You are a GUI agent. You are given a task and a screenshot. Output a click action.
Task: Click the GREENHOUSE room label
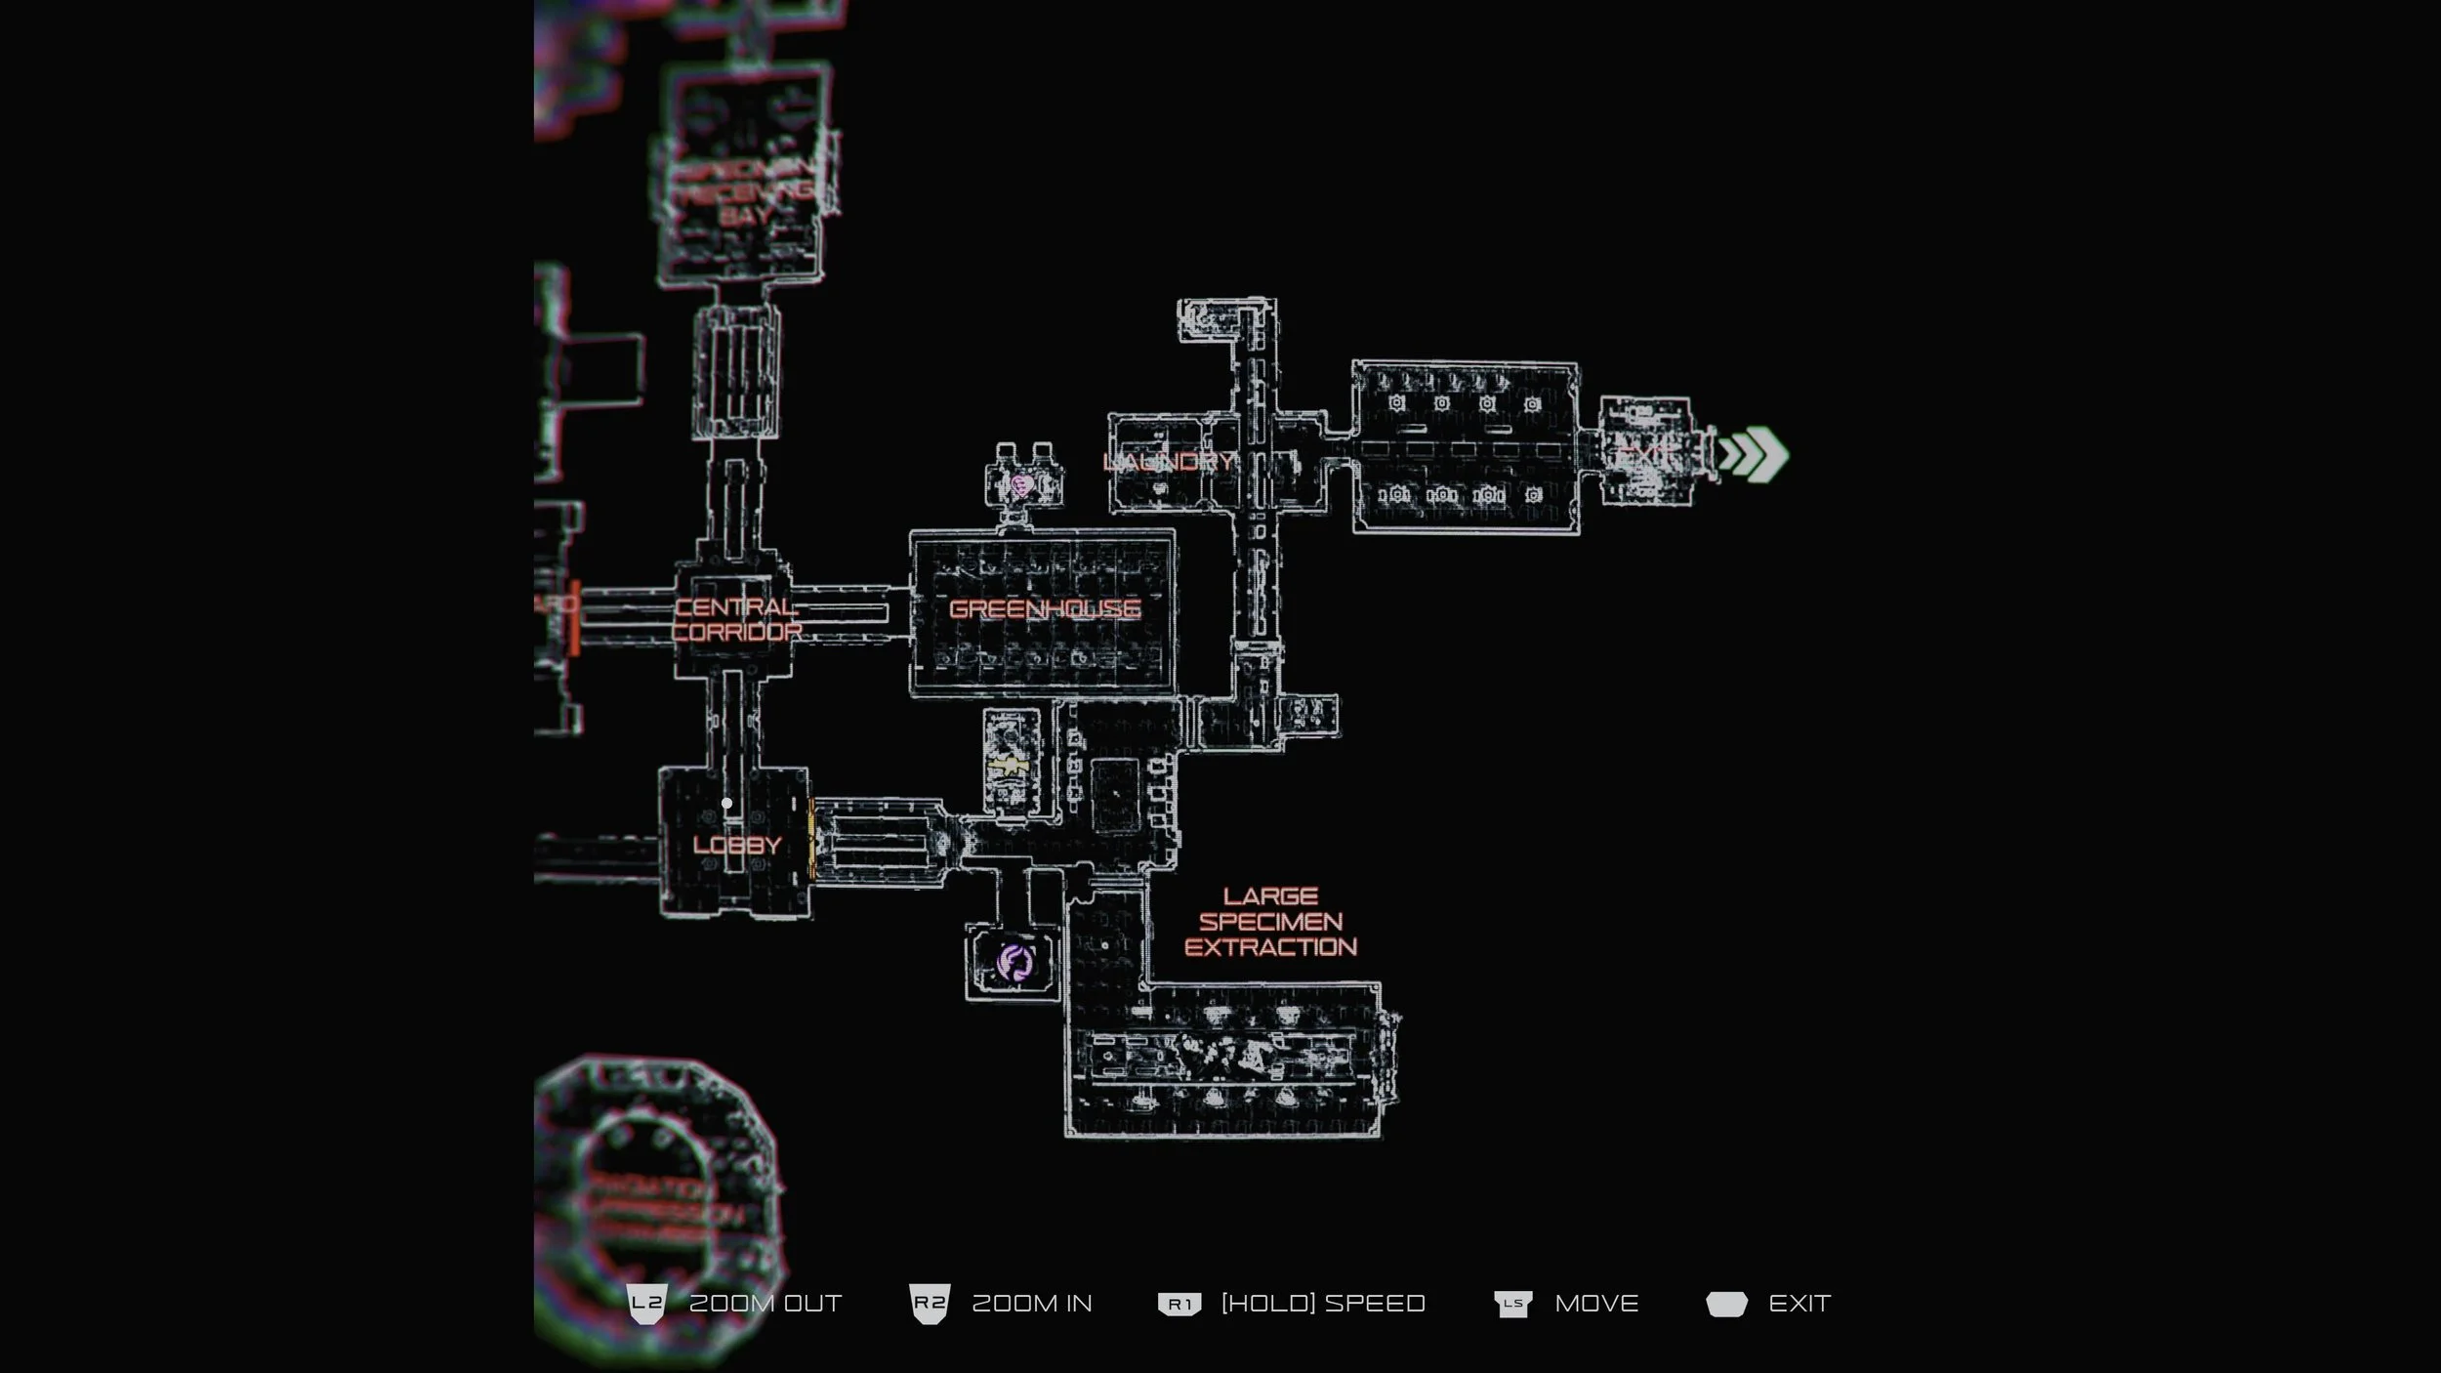[x=1044, y=609]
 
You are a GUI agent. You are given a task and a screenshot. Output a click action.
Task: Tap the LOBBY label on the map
[x=737, y=846]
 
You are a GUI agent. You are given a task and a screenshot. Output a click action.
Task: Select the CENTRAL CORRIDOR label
[x=736, y=619]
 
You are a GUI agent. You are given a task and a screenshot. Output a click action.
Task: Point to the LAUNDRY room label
[x=1168, y=462]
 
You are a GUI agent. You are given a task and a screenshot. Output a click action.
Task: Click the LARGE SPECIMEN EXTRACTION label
[x=1270, y=922]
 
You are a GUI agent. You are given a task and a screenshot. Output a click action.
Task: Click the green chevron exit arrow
[x=1754, y=454]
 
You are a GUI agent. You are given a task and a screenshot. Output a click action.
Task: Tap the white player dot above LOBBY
[x=726, y=804]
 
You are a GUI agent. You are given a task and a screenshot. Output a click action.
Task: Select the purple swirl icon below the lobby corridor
[x=1014, y=963]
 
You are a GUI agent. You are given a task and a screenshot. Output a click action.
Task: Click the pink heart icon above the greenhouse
[x=1022, y=484]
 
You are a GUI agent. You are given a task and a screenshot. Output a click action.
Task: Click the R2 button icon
[x=929, y=1304]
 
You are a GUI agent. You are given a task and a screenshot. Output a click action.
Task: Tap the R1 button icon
[x=1179, y=1304]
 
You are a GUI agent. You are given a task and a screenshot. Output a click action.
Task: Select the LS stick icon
[x=1512, y=1304]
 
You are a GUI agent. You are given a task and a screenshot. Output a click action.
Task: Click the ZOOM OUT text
[x=765, y=1304]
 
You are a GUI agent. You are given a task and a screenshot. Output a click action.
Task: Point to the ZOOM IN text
[x=1032, y=1304]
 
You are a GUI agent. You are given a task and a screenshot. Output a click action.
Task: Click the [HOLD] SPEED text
[x=1323, y=1304]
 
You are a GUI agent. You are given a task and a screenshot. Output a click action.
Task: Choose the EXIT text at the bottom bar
[x=1800, y=1304]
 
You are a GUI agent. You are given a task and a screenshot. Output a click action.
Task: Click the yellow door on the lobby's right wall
[x=811, y=836]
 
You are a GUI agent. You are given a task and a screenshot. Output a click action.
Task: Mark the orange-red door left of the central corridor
[x=575, y=617]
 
